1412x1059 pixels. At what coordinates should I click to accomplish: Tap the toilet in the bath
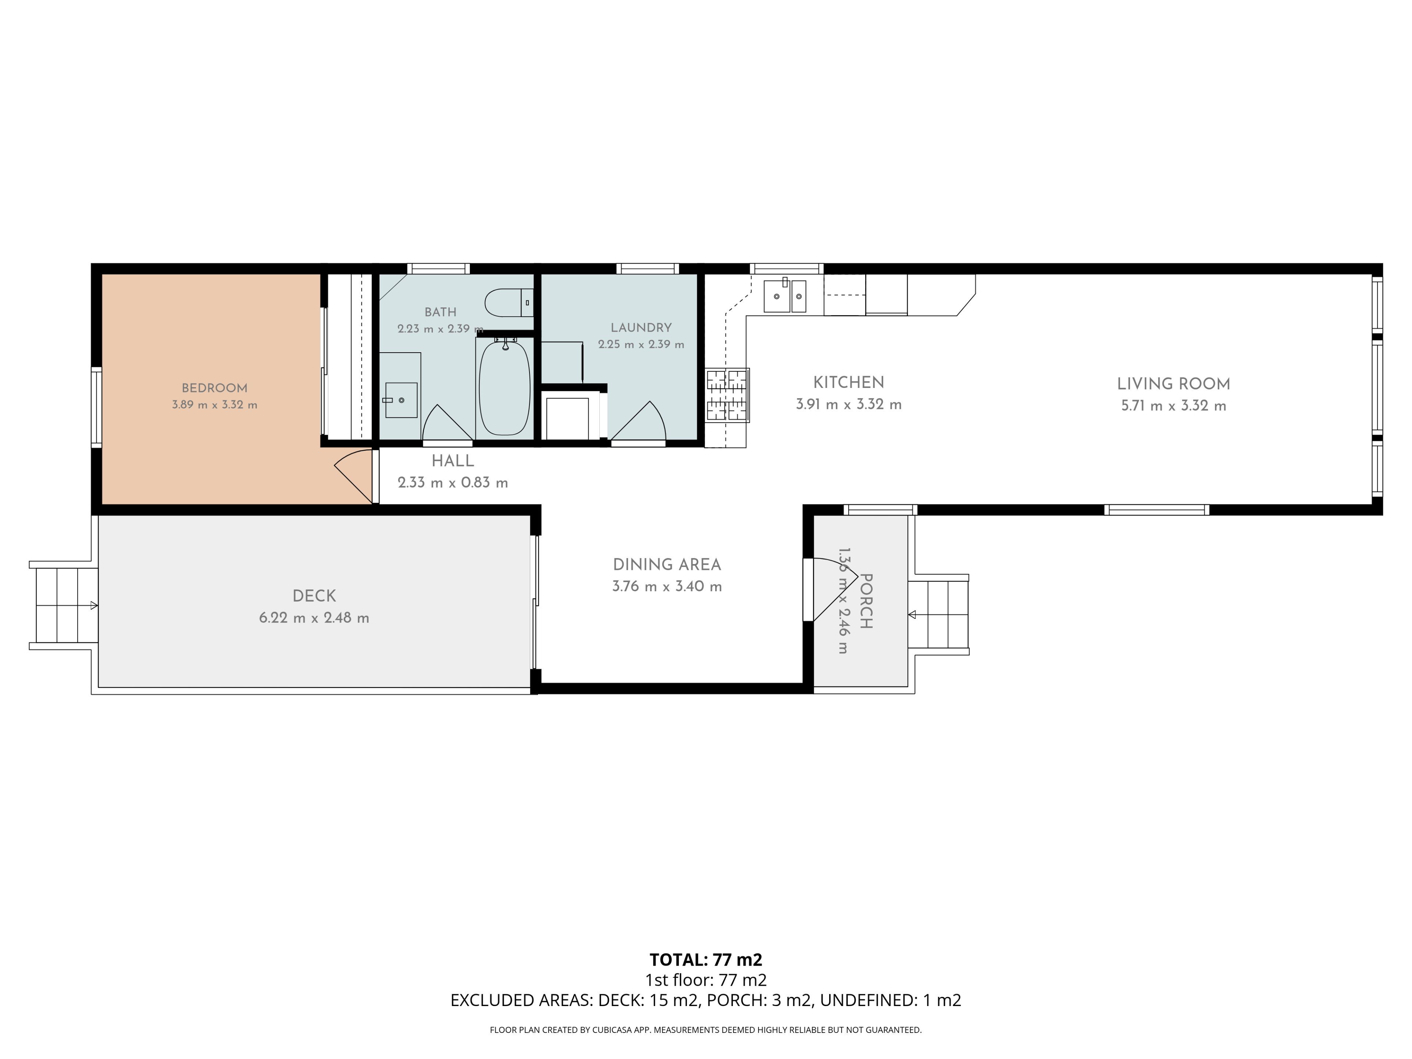[x=509, y=303]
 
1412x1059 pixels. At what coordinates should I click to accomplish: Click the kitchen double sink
[x=785, y=296]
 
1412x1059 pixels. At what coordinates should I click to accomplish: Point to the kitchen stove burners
[x=727, y=395]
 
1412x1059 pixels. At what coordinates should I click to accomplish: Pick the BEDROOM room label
[x=214, y=388]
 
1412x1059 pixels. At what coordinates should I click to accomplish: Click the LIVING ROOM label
[x=1173, y=384]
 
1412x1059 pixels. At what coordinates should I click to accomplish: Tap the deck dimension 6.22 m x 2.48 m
[x=314, y=618]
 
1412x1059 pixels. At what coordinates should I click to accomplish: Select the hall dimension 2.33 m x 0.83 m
[x=453, y=482]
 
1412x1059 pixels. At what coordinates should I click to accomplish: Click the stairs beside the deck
[x=64, y=605]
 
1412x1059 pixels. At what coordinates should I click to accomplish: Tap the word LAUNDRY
[x=641, y=328]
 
